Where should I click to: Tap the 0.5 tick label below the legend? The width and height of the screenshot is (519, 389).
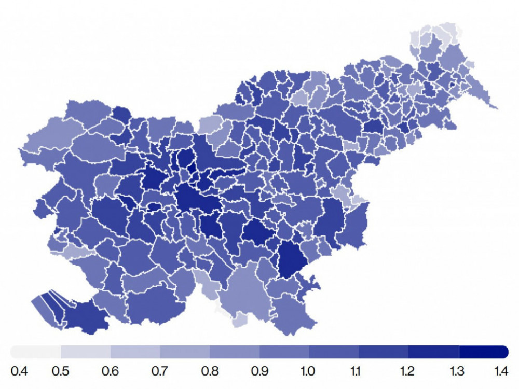point(61,371)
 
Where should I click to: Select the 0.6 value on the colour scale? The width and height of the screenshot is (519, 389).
point(111,371)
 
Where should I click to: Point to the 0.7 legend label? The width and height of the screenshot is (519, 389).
point(160,371)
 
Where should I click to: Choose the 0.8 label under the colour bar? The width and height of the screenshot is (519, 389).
point(210,371)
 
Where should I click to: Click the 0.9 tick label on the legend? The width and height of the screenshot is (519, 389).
point(259,371)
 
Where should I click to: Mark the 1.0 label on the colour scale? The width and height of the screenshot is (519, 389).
point(309,371)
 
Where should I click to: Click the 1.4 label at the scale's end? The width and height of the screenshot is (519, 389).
point(500,371)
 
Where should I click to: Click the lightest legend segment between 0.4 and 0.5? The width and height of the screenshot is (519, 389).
point(36,352)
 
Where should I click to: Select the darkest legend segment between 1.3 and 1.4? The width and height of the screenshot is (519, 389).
point(483,352)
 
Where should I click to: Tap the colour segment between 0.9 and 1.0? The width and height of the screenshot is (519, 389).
point(284,352)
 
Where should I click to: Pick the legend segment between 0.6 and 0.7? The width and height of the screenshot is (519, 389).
point(135,352)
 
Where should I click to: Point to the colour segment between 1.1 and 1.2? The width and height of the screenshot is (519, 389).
point(384,352)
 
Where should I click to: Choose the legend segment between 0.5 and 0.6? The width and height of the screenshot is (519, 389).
point(86,352)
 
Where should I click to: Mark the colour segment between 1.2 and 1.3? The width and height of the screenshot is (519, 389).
point(433,352)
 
